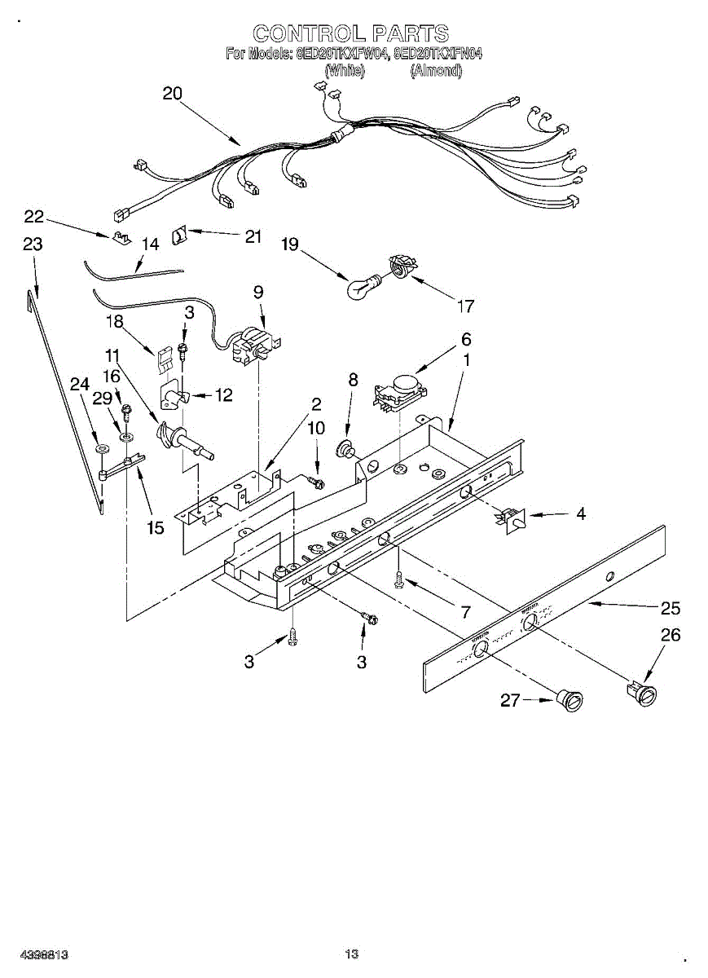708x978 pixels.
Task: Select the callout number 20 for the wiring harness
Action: point(173,94)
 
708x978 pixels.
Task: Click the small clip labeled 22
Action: point(121,238)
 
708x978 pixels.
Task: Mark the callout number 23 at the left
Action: point(33,244)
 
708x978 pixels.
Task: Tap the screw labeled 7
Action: point(399,580)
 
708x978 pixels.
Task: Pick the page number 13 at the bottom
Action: point(352,954)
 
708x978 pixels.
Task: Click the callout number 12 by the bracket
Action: point(222,395)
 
